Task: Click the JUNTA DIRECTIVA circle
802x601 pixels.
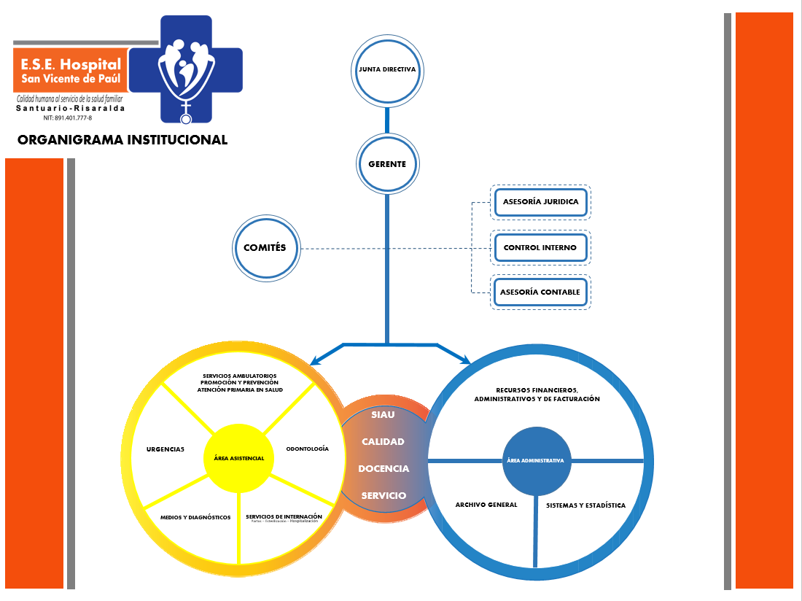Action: coord(387,71)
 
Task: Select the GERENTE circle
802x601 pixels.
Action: coord(387,164)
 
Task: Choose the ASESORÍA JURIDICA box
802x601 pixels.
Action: coord(540,202)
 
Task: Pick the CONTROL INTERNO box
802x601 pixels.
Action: coord(540,248)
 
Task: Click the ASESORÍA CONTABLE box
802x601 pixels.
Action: coord(540,292)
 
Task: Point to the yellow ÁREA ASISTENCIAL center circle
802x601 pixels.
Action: coord(238,458)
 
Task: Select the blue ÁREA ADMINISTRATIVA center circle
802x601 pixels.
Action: coord(536,461)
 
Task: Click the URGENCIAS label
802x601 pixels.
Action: coord(165,449)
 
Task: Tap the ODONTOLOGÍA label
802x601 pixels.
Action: coord(307,449)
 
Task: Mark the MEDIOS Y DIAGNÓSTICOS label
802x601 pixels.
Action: coord(195,517)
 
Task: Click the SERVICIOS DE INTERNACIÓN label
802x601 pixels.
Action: coord(284,516)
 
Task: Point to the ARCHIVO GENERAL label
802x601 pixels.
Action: coord(486,505)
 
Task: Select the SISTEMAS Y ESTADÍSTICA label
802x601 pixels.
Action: coord(585,505)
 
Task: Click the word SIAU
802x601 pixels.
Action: coord(383,415)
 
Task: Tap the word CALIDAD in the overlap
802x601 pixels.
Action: coord(383,441)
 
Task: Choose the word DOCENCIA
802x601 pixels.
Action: coord(384,468)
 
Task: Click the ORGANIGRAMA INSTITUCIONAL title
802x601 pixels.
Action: coord(122,140)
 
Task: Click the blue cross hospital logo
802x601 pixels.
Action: coord(191,68)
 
